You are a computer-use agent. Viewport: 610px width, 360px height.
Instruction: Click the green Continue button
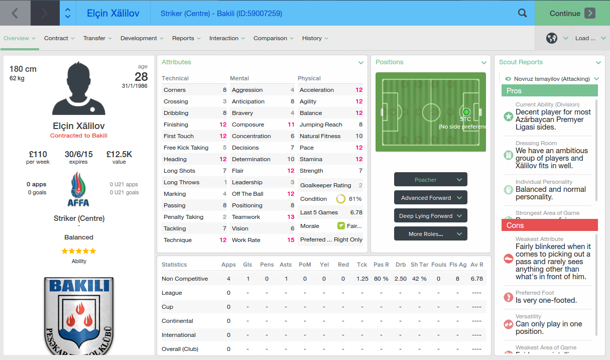(x=572, y=14)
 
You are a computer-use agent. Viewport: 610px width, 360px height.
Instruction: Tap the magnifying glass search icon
(x=522, y=14)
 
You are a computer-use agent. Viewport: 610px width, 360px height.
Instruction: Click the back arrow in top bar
(x=15, y=14)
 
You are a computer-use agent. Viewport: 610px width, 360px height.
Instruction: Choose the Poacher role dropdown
(x=430, y=180)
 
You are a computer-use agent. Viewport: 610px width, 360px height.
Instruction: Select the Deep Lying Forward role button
(x=430, y=216)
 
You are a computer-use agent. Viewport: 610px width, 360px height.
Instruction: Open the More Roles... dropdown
(x=430, y=234)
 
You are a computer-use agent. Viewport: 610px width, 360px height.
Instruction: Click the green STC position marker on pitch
(x=466, y=112)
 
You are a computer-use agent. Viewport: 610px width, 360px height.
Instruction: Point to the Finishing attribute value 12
(x=223, y=125)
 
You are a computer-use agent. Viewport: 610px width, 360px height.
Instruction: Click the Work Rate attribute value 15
(x=291, y=240)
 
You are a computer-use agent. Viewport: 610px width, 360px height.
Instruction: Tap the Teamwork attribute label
(x=246, y=217)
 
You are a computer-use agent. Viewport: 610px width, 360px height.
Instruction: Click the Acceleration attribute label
(x=316, y=90)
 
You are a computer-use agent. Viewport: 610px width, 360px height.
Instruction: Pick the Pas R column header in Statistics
(x=381, y=265)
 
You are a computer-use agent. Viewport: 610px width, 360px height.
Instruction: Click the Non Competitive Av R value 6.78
(x=476, y=279)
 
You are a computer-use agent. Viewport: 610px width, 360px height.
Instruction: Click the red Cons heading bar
(x=549, y=225)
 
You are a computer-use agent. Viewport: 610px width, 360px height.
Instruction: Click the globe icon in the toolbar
(x=552, y=38)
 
